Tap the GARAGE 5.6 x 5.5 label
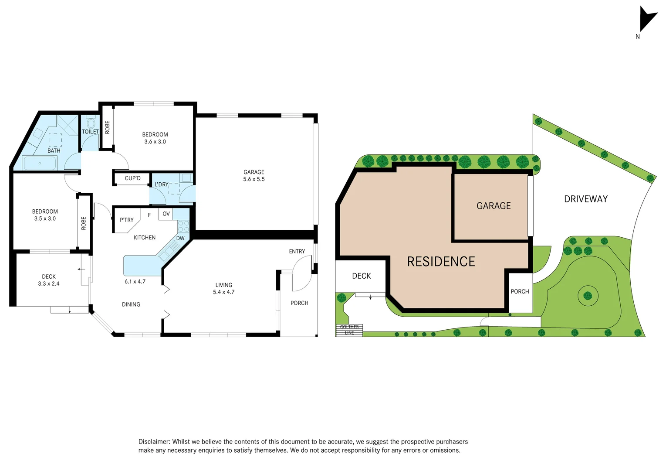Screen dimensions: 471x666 point(254,176)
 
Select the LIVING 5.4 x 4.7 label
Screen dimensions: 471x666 point(223,289)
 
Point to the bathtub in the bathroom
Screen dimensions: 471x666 point(40,163)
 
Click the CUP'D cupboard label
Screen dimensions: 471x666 point(132,178)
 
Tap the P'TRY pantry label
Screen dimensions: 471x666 point(127,220)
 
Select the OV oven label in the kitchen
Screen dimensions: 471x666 point(166,214)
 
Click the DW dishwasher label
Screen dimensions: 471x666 point(180,239)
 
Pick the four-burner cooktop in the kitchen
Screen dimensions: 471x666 point(183,226)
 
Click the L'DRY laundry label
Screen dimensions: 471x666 point(161,184)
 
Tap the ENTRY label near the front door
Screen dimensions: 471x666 point(297,252)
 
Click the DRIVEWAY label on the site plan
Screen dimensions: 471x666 point(585,199)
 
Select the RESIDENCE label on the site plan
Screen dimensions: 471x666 point(441,262)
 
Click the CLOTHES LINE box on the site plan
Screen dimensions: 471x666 point(349,330)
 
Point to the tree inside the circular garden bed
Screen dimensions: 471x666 point(588,296)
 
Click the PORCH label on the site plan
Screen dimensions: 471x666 point(520,292)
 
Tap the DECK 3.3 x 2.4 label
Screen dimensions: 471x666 point(49,280)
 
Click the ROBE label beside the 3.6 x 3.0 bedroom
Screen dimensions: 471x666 point(107,127)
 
